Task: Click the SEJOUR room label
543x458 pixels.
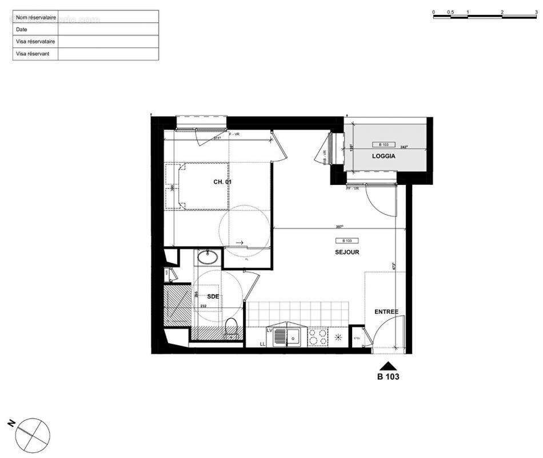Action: coord(347,252)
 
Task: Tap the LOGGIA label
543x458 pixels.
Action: coord(384,156)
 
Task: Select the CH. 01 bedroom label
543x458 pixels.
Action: coord(222,181)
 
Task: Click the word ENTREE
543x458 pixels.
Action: coord(386,312)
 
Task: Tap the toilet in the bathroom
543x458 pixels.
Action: coord(231,327)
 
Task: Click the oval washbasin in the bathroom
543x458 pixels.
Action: coord(206,258)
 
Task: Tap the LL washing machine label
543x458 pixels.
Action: coord(262,343)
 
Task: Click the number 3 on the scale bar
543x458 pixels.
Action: coord(536,11)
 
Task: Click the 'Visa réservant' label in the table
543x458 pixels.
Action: coord(33,54)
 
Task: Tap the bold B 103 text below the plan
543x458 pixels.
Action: coord(388,377)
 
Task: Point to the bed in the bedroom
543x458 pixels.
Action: coord(197,185)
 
